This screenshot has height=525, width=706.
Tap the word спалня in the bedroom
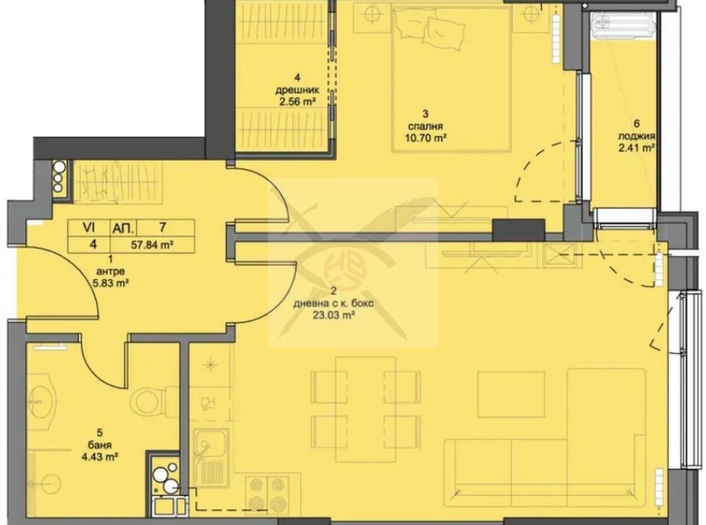tap(425, 125)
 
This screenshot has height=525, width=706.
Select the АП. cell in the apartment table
tap(122, 226)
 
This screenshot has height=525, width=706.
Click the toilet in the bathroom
tap(147, 401)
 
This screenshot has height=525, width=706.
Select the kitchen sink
tap(210, 450)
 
